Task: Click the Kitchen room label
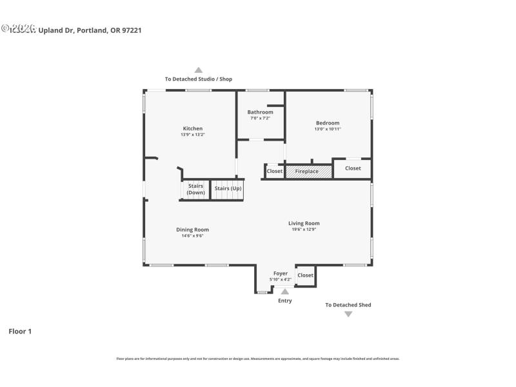[x=192, y=128]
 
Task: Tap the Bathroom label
[x=260, y=112]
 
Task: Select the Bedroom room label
[x=327, y=123]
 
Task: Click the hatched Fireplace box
[x=308, y=172]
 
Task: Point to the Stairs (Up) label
[x=228, y=188]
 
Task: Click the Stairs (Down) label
[x=195, y=189]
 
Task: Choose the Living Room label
[x=304, y=223]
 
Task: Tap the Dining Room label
[x=192, y=230]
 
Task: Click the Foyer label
[x=281, y=273]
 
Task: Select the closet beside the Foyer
[x=305, y=275]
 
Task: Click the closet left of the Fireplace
[x=275, y=172]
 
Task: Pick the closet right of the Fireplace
[x=353, y=168]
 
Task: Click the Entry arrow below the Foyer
[x=284, y=292]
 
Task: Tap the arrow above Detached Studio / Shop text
[x=199, y=70]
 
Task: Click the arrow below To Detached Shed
[x=348, y=314]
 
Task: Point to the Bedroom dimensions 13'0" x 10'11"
[x=327, y=129]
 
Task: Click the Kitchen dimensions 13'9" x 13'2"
[x=192, y=135]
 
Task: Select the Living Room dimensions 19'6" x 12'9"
[x=304, y=230]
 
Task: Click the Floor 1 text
[x=20, y=332]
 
